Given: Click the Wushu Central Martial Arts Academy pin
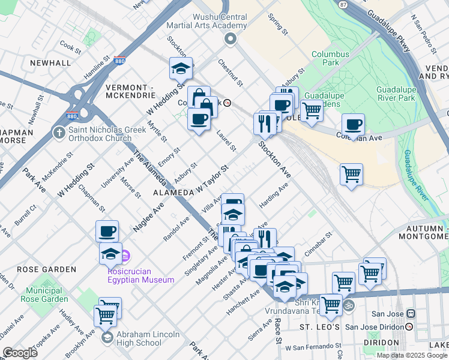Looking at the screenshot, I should tap(230, 39).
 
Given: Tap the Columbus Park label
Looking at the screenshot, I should tap(330, 58).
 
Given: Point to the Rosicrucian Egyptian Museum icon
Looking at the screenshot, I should tap(125, 257).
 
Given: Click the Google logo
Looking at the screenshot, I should tap(20, 353).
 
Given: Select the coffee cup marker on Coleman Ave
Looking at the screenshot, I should tap(353, 124).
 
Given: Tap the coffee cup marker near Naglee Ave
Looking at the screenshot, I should tap(107, 230).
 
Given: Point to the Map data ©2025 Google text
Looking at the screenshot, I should tap(412, 355).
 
